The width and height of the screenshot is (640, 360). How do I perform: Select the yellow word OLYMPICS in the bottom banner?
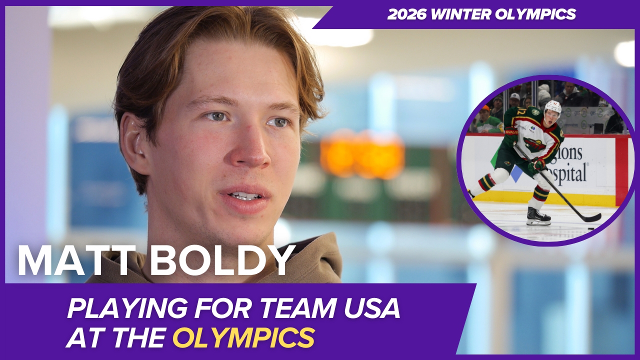(x=244, y=337)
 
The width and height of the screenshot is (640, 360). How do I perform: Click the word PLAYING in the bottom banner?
(x=127, y=308)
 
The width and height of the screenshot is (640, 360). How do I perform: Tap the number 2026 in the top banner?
(x=407, y=14)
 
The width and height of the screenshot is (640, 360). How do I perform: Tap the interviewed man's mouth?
(x=245, y=197)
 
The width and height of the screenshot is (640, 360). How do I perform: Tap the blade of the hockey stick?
(x=592, y=218)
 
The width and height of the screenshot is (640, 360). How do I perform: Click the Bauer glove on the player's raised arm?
(x=511, y=132)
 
